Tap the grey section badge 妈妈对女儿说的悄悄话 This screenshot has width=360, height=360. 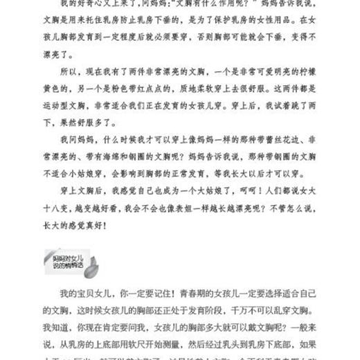[x=62, y=261]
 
